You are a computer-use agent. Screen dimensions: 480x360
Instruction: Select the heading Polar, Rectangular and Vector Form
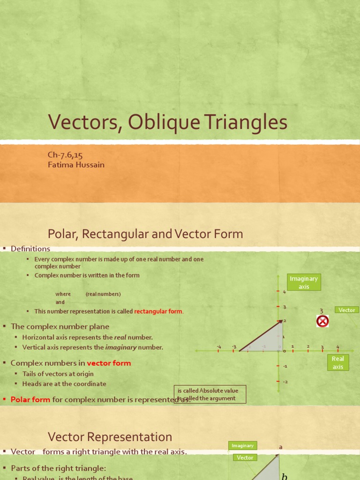pos(145,233)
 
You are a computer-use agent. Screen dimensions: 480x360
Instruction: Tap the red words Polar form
pos(30,399)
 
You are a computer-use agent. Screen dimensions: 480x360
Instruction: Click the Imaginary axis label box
pos(304,282)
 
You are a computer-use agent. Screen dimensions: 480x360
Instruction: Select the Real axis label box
pos(338,363)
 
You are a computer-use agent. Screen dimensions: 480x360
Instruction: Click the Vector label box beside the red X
pos(347,310)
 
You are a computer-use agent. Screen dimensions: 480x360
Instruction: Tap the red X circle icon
pos(322,321)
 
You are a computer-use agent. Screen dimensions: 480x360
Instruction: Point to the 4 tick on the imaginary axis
pos(284,292)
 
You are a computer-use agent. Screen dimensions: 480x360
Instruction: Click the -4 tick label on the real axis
pos(219,347)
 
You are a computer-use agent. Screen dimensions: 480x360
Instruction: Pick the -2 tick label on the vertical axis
pos(285,382)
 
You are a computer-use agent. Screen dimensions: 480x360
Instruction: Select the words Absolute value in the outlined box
pos(219,390)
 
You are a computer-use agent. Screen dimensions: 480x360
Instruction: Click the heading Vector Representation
pos(110,437)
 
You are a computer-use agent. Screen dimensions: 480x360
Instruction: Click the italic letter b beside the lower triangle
pos(284,476)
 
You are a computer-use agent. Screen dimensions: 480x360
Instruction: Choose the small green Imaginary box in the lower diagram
pos(242,446)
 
